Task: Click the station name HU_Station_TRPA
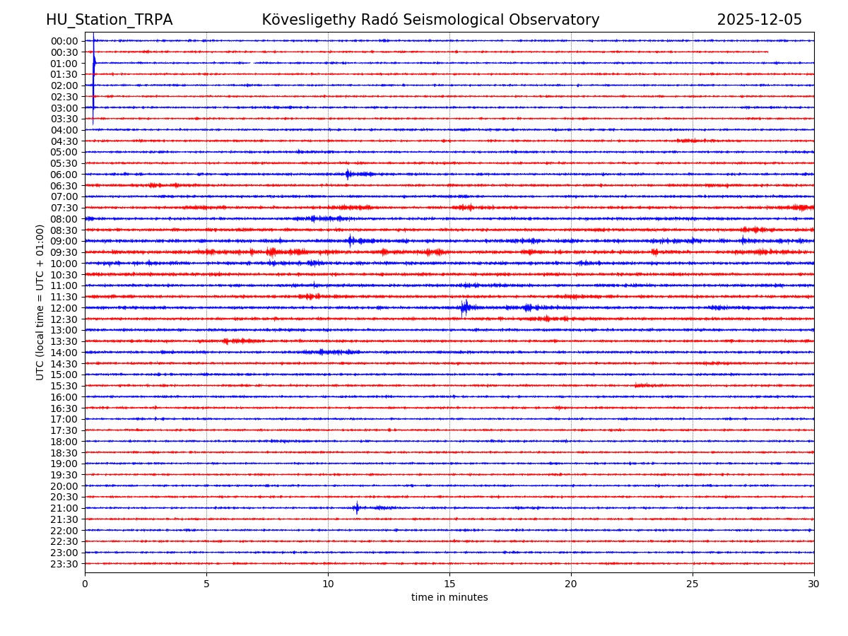coord(109,20)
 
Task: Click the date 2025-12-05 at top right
coord(759,20)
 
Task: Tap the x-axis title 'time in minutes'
coord(449,598)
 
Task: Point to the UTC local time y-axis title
coord(40,302)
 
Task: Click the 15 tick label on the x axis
coord(449,584)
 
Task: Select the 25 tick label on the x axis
coord(693,584)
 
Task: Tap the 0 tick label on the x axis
coord(85,584)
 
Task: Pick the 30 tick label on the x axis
coord(814,584)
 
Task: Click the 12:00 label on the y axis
coord(64,308)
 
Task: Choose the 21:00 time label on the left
coord(64,508)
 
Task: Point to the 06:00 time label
coord(64,175)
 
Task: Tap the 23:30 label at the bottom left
coord(64,564)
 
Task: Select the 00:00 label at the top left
coord(64,41)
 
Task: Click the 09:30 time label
coord(64,252)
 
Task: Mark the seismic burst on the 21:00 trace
coord(357,507)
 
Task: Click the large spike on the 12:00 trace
coord(464,307)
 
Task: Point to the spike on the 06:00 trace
coord(347,174)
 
